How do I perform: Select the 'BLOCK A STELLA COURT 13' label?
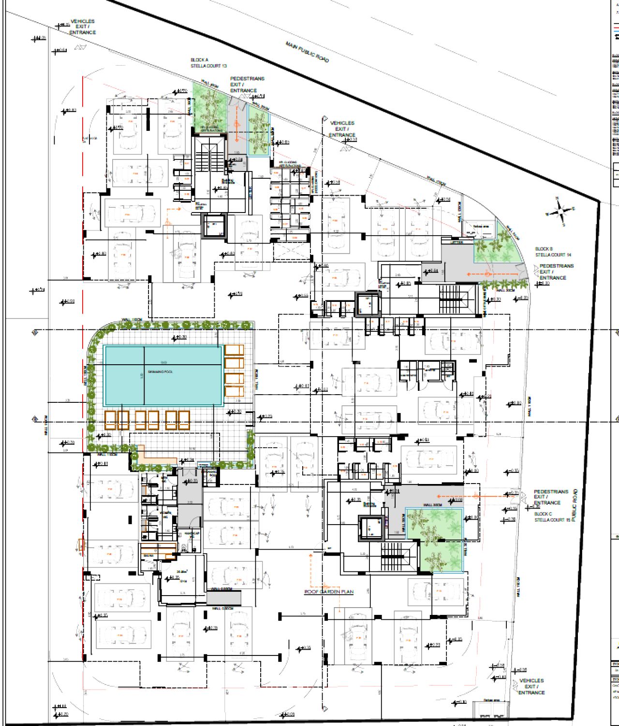click(x=208, y=63)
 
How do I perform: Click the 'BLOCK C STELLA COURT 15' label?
click(x=552, y=517)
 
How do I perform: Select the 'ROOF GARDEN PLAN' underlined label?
click(x=328, y=592)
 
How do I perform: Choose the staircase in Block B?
click(x=450, y=298)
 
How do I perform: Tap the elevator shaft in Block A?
click(x=213, y=225)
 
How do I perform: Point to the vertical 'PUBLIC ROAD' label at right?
click(x=574, y=505)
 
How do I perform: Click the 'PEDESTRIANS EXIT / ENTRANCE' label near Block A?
click(x=247, y=84)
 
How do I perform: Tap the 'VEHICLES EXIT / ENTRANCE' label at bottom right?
click(x=531, y=686)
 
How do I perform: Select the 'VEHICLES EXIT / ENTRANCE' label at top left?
click(x=83, y=27)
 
